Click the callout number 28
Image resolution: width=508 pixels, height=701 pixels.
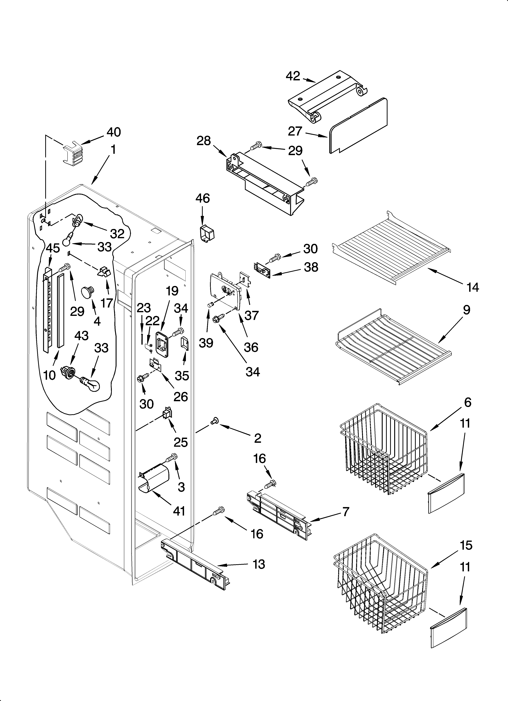click(204, 141)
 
